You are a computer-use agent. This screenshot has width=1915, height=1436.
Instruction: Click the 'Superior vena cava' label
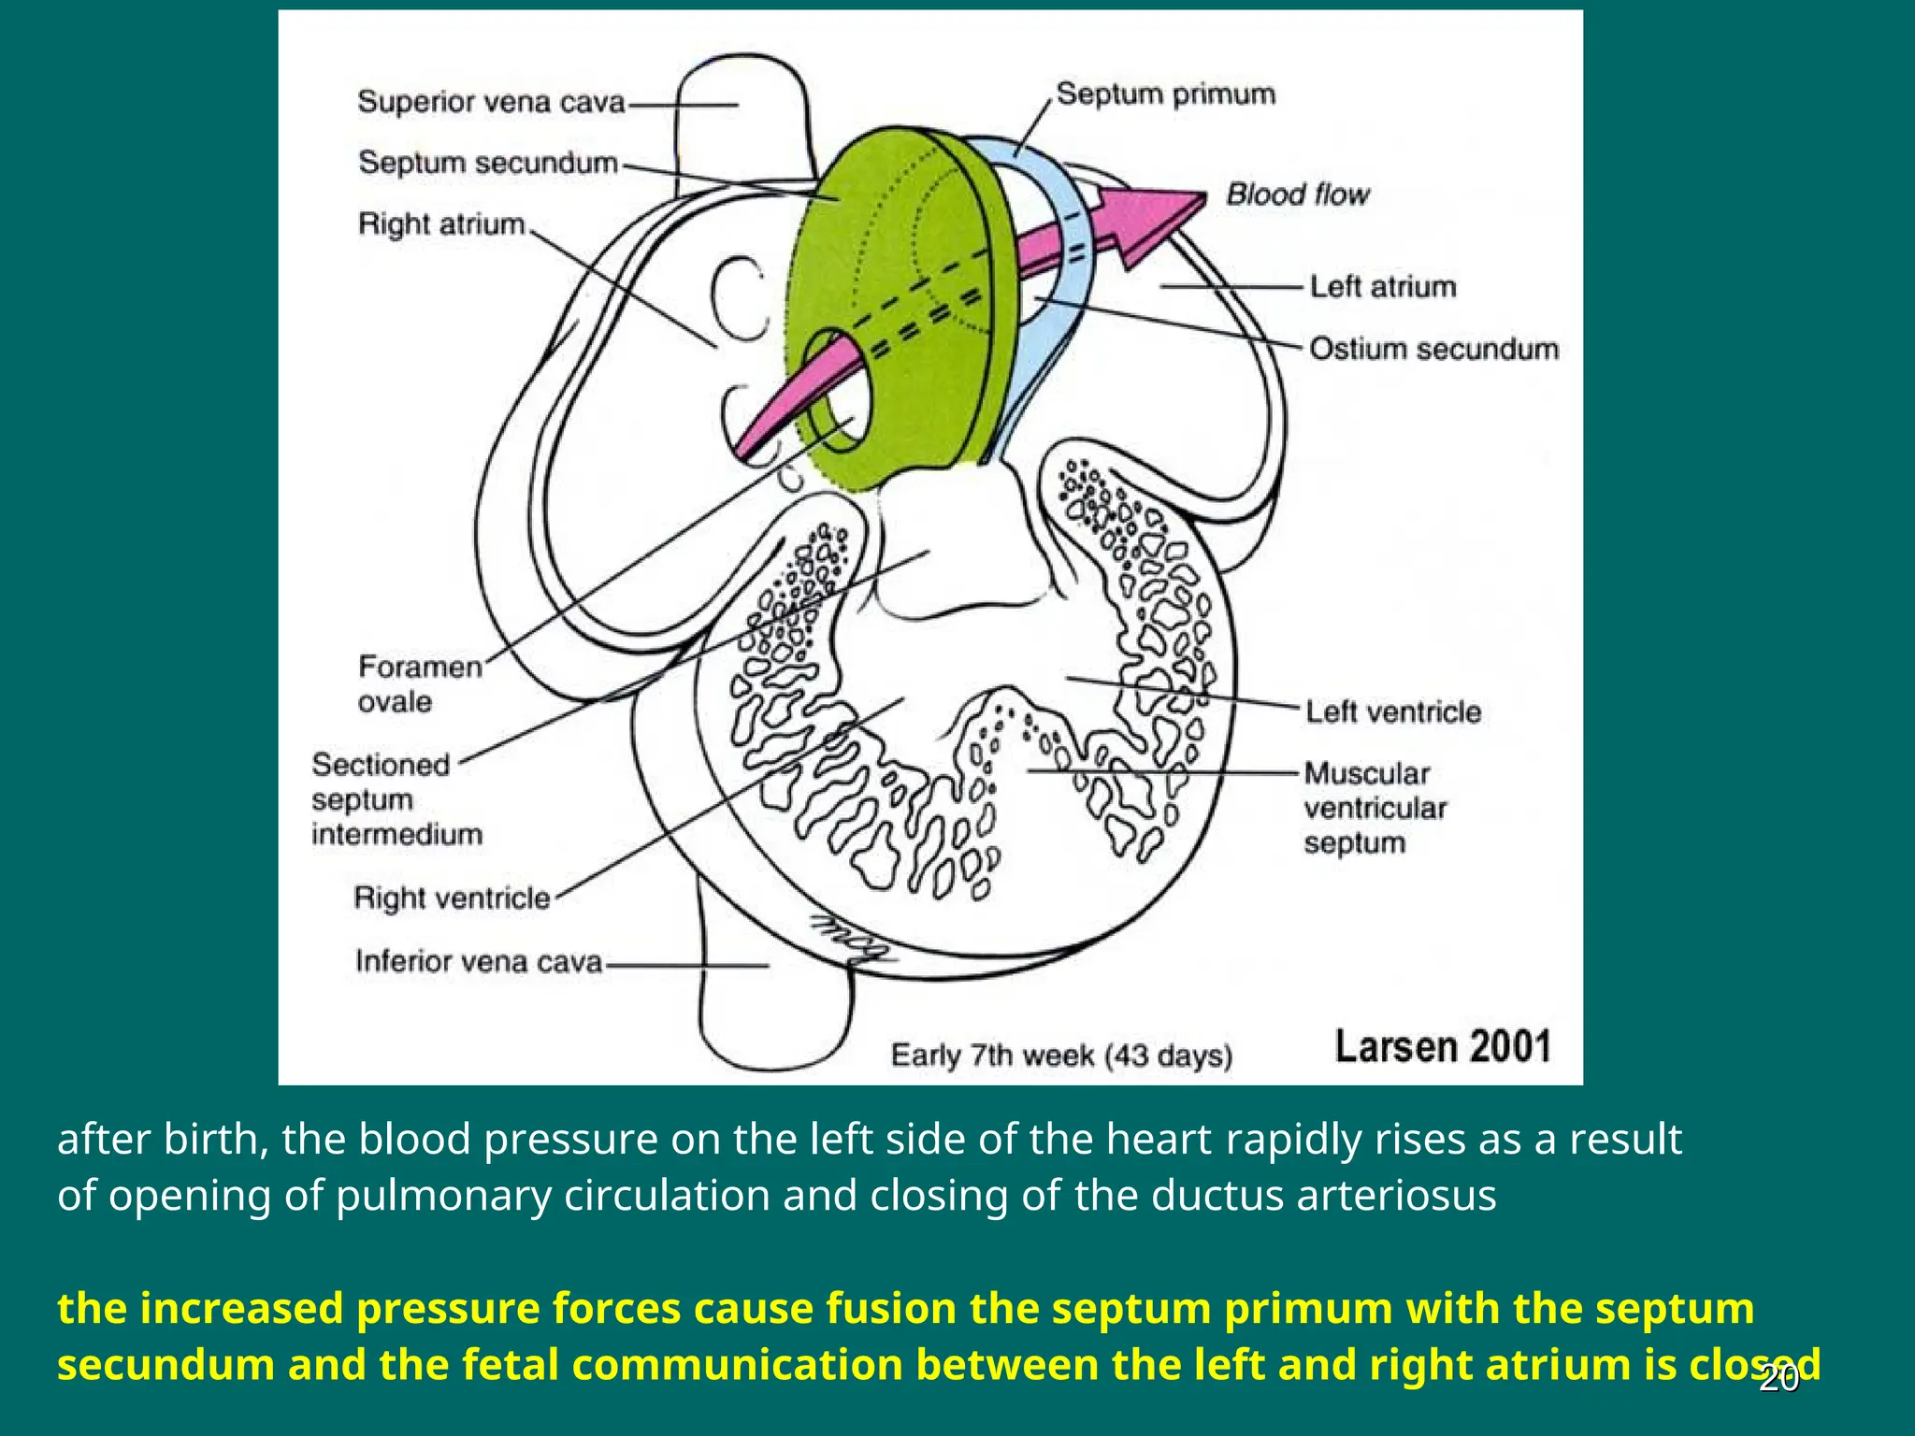pyautogui.click(x=491, y=102)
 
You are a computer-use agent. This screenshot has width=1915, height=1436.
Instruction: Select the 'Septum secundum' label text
pyautogui.click(x=488, y=163)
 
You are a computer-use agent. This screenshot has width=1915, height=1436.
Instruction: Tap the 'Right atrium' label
pyautogui.click(x=441, y=224)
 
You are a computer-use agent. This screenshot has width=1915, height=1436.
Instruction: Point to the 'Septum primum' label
pyautogui.click(x=1165, y=94)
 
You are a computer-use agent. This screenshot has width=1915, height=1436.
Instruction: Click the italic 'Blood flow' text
pyautogui.click(x=1297, y=194)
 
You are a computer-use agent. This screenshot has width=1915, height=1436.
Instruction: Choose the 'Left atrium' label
pyautogui.click(x=1382, y=286)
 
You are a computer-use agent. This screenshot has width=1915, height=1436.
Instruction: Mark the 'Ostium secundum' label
pyautogui.click(x=1433, y=349)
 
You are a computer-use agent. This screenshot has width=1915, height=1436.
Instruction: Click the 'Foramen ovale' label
pyautogui.click(x=419, y=683)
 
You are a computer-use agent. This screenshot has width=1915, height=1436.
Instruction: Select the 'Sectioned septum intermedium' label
pyautogui.click(x=396, y=799)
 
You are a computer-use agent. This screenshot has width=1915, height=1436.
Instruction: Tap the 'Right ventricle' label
pyautogui.click(x=452, y=898)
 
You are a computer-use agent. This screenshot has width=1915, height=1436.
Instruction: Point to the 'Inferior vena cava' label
pyautogui.click(x=479, y=961)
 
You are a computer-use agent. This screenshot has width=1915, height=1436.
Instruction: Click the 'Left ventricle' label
pyautogui.click(x=1393, y=711)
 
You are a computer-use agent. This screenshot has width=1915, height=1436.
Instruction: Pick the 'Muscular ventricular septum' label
pyautogui.click(x=1375, y=808)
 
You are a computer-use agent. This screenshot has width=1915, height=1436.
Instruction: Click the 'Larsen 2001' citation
pyautogui.click(x=1443, y=1046)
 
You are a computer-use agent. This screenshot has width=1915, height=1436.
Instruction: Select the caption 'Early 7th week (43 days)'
pyautogui.click(x=1061, y=1055)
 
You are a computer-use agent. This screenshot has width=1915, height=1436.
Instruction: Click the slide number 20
pyautogui.click(x=1778, y=1379)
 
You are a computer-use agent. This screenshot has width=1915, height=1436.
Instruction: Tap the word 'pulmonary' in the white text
pyautogui.click(x=443, y=1195)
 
